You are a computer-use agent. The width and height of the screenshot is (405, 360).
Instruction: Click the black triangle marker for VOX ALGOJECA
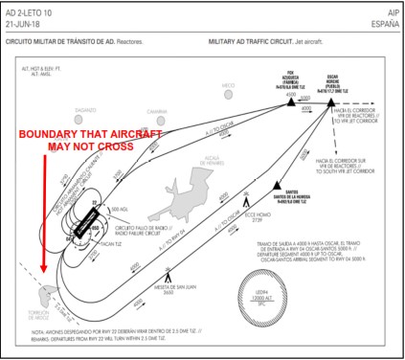click(x=291, y=96)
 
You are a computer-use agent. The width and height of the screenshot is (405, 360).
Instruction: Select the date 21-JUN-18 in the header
click(x=26, y=21)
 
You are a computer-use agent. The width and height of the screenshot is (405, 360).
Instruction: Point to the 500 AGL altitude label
click(x=120, y=208)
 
